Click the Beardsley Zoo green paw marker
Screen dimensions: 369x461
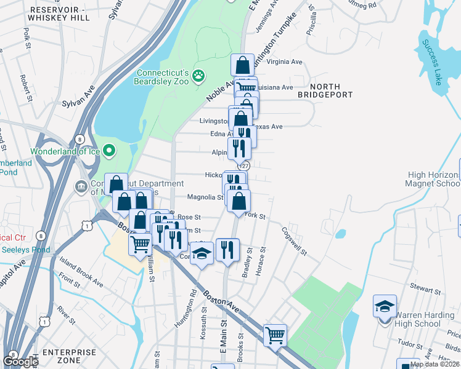pyautogui.click(x=198, y=76)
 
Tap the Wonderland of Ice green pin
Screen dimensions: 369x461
pyautogui.click(x=109, y=149)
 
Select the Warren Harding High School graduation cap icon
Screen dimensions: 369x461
pyautogui.click(x=385, y=306)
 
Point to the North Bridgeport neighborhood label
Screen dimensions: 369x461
pyautogui.click(x=325, y=90)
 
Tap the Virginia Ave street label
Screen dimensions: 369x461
pyautogui.click(x=285, y=62)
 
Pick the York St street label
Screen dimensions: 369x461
pyautogui.click(x=254, y=216)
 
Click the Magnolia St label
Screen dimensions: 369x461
pyautogui.click(x=205, y=197)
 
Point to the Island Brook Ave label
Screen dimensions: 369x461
pyautogui.click(x=81, y=271)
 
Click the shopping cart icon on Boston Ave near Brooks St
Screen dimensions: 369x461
pyautogui.click(x=275, y=335)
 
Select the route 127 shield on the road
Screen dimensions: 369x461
pyautogui.click(x=245, y=165)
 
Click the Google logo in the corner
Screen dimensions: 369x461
pyautogui.click(x=20, y=361)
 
